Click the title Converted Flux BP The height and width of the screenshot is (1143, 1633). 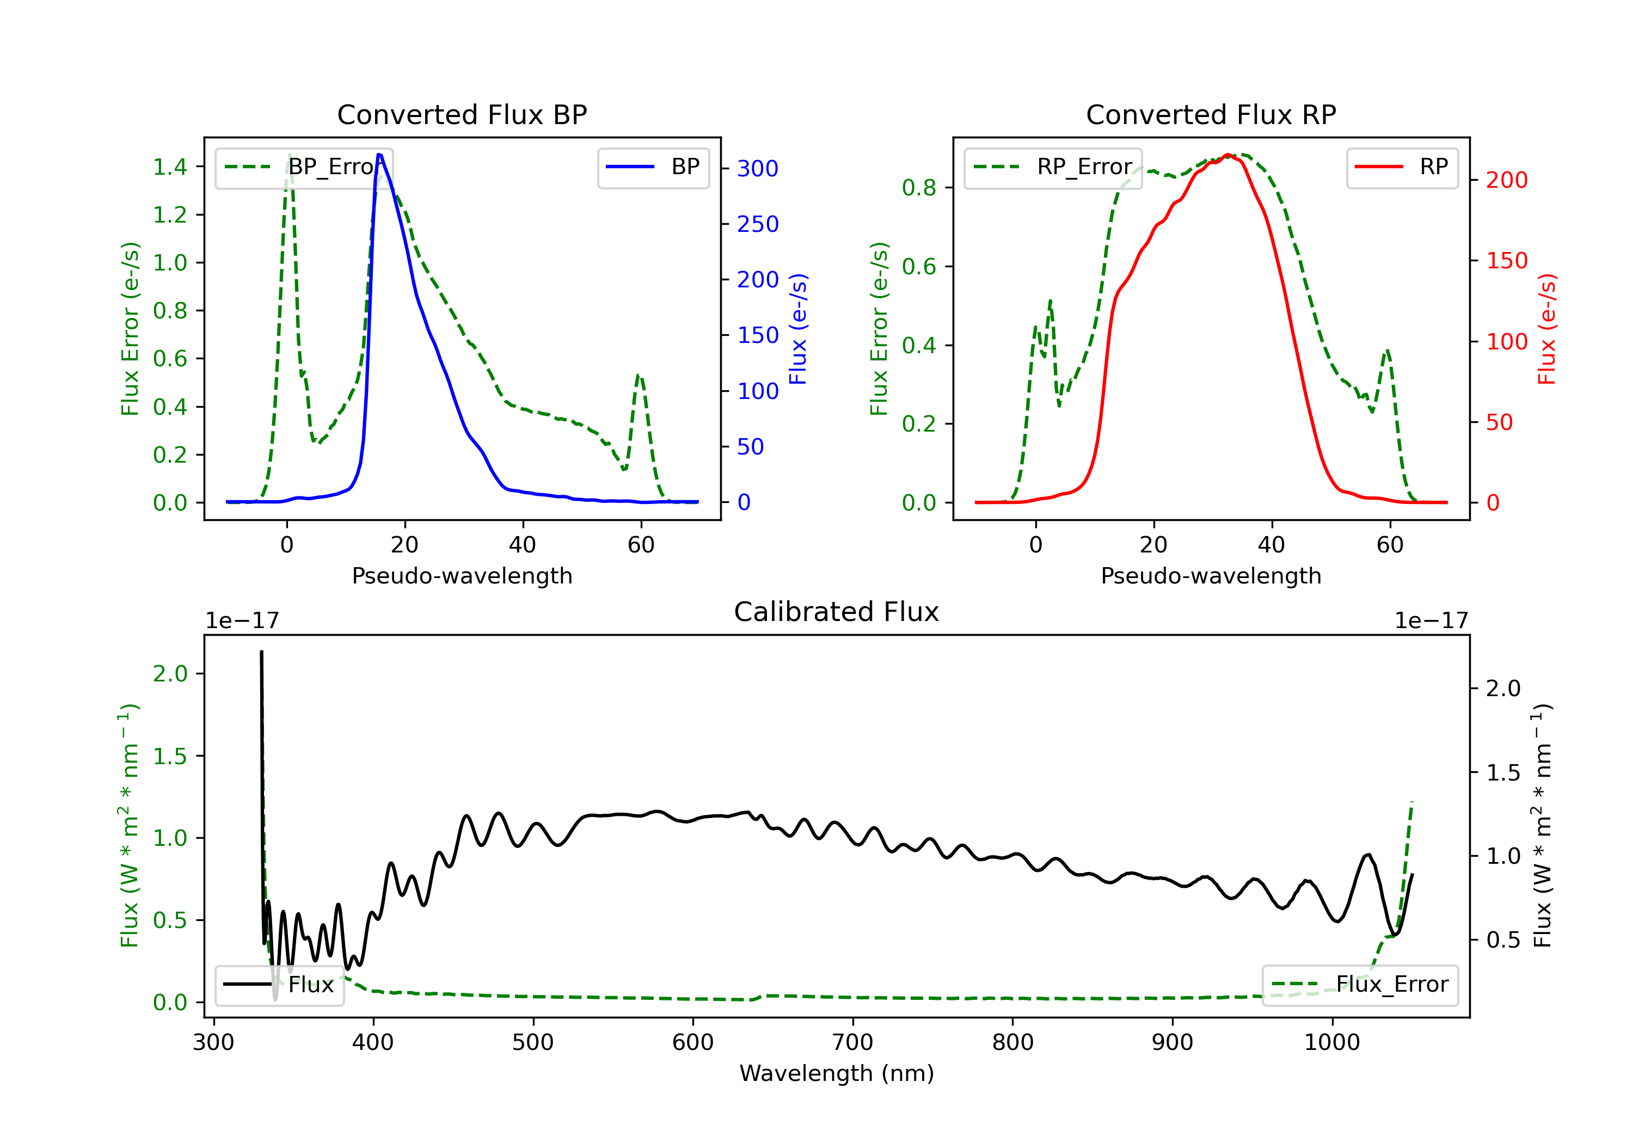pos(462,114)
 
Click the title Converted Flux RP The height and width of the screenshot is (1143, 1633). pos(1211,114)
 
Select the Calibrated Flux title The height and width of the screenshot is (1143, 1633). pos(837,612)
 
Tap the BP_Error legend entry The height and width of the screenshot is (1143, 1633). pos(304,167)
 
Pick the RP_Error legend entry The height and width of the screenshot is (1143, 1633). pos(1053,167)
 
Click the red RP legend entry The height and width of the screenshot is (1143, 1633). pos(1401,167)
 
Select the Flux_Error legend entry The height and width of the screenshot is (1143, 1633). pos(1359,985)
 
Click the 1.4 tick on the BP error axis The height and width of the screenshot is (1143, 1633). pos(170,167)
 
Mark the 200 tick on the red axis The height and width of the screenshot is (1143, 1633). pos(1506,180)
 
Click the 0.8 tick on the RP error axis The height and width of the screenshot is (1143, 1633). pos(919,188)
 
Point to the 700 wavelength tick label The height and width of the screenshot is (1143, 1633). pos(853,1043)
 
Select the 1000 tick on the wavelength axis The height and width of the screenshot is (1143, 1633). pos(1332,1043)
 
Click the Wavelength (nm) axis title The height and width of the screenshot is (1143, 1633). pos(837,1073)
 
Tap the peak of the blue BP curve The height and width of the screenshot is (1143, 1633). pos(379,155)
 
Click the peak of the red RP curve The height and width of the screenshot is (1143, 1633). pos(1227,155)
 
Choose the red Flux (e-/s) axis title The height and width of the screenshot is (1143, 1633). pos(1546,329)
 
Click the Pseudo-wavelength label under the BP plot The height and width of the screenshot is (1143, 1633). pos(462,575)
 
